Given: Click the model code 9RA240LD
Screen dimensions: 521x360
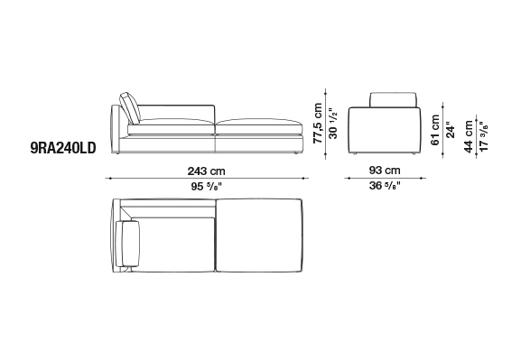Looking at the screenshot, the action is point(63,148).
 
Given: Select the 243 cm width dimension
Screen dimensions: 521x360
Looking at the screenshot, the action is point(207,171).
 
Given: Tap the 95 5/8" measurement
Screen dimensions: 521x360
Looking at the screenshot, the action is point(207,186).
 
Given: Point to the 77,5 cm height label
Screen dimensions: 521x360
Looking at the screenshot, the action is point(318,123).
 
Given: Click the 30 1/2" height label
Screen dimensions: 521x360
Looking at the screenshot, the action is point(332,123).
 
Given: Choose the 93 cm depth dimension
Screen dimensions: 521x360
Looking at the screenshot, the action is point(385,171).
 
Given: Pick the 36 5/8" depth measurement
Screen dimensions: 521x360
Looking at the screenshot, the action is point(385,185).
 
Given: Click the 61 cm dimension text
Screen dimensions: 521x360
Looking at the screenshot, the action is point(435,130).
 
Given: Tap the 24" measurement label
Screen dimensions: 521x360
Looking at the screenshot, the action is point(450,130).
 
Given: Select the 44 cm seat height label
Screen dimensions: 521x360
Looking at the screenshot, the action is point(469,136).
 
